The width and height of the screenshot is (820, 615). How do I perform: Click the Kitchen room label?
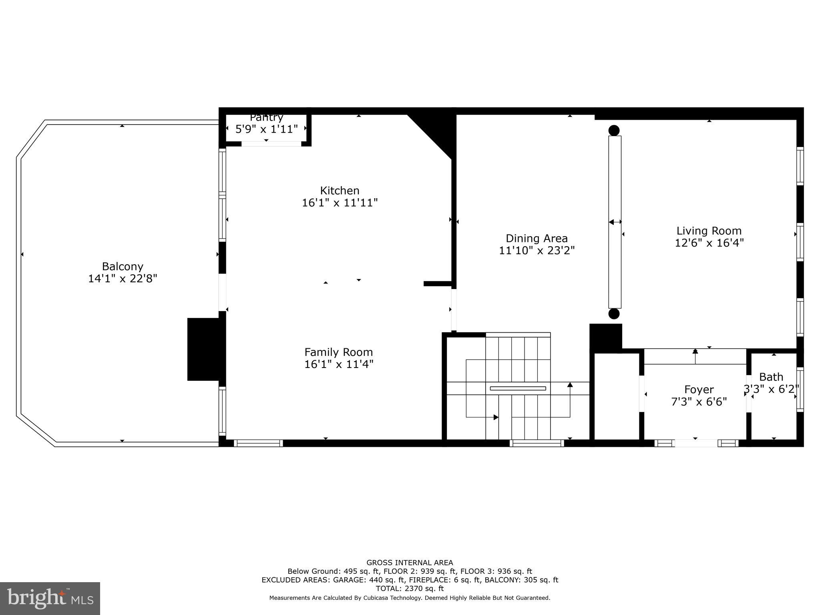340,191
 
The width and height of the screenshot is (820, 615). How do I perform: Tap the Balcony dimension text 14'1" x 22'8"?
123,279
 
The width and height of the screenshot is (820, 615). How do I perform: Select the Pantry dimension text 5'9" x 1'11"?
266,129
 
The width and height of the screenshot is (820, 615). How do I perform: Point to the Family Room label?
338,352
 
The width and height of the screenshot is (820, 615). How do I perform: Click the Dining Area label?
537,239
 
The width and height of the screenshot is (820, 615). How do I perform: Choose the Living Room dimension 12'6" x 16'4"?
709,243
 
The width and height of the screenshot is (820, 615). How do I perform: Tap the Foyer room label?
699,390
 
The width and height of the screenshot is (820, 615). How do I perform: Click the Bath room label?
771,377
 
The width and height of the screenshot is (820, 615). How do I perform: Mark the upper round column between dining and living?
614,131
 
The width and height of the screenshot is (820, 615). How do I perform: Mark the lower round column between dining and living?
614,314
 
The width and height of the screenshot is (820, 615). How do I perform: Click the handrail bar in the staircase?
518,388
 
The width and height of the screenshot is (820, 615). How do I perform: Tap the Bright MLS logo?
50,598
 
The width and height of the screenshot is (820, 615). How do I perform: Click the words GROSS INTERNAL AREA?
410,563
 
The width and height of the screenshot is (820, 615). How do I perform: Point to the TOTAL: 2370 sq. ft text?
410,589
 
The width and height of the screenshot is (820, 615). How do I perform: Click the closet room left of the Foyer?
617,396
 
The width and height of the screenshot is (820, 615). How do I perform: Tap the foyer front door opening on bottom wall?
696,443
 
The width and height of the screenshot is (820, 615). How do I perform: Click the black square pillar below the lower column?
605,338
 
